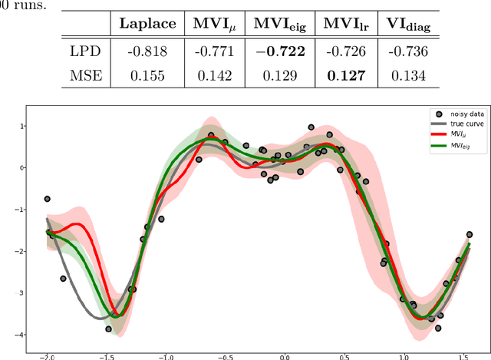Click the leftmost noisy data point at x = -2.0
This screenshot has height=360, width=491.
[x=48, y=199]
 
